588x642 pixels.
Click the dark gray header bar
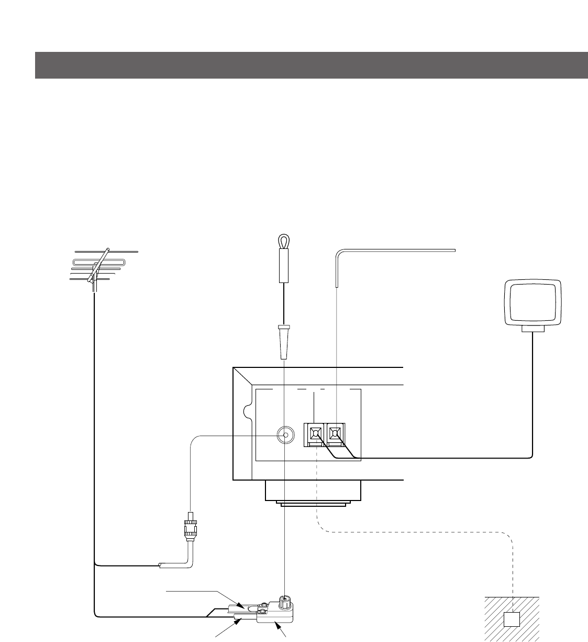point(311,65)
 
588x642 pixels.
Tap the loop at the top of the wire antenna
point(283,241)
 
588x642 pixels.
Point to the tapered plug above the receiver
point(283,341)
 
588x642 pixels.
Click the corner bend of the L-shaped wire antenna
point(337,254)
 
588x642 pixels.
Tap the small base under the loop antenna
point(533,329)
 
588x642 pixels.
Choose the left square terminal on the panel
point(315,433)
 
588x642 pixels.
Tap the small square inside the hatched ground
point(511,619)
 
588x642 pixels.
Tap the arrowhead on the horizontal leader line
point(242,606)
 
